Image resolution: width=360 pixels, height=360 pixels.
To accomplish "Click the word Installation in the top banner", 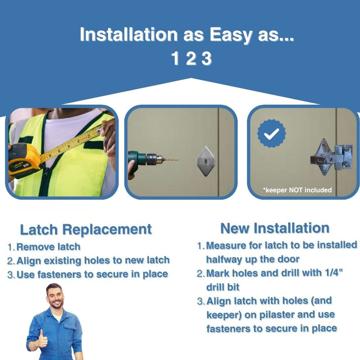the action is pos(129,35).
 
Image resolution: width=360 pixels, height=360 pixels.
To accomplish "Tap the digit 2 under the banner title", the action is pos(191,58).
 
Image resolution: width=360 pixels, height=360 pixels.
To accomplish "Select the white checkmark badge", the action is pos(272,133).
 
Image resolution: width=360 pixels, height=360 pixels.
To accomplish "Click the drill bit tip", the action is pos(178,160).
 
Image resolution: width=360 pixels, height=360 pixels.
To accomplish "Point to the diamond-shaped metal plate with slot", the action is pos(206,161).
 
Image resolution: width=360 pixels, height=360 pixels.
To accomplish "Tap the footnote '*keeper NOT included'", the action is pos(297,190).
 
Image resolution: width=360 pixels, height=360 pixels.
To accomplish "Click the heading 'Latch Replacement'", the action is pos(86,229).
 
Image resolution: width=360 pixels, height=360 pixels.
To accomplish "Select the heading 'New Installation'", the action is pos(275,228).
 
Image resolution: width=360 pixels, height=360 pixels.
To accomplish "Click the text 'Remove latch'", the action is pos(49,247).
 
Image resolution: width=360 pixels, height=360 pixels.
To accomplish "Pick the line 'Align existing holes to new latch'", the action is pos(93,261).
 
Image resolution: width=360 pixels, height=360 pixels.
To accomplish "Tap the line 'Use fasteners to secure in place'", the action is pos(92,274).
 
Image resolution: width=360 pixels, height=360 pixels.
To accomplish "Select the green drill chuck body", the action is pos(138,158).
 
